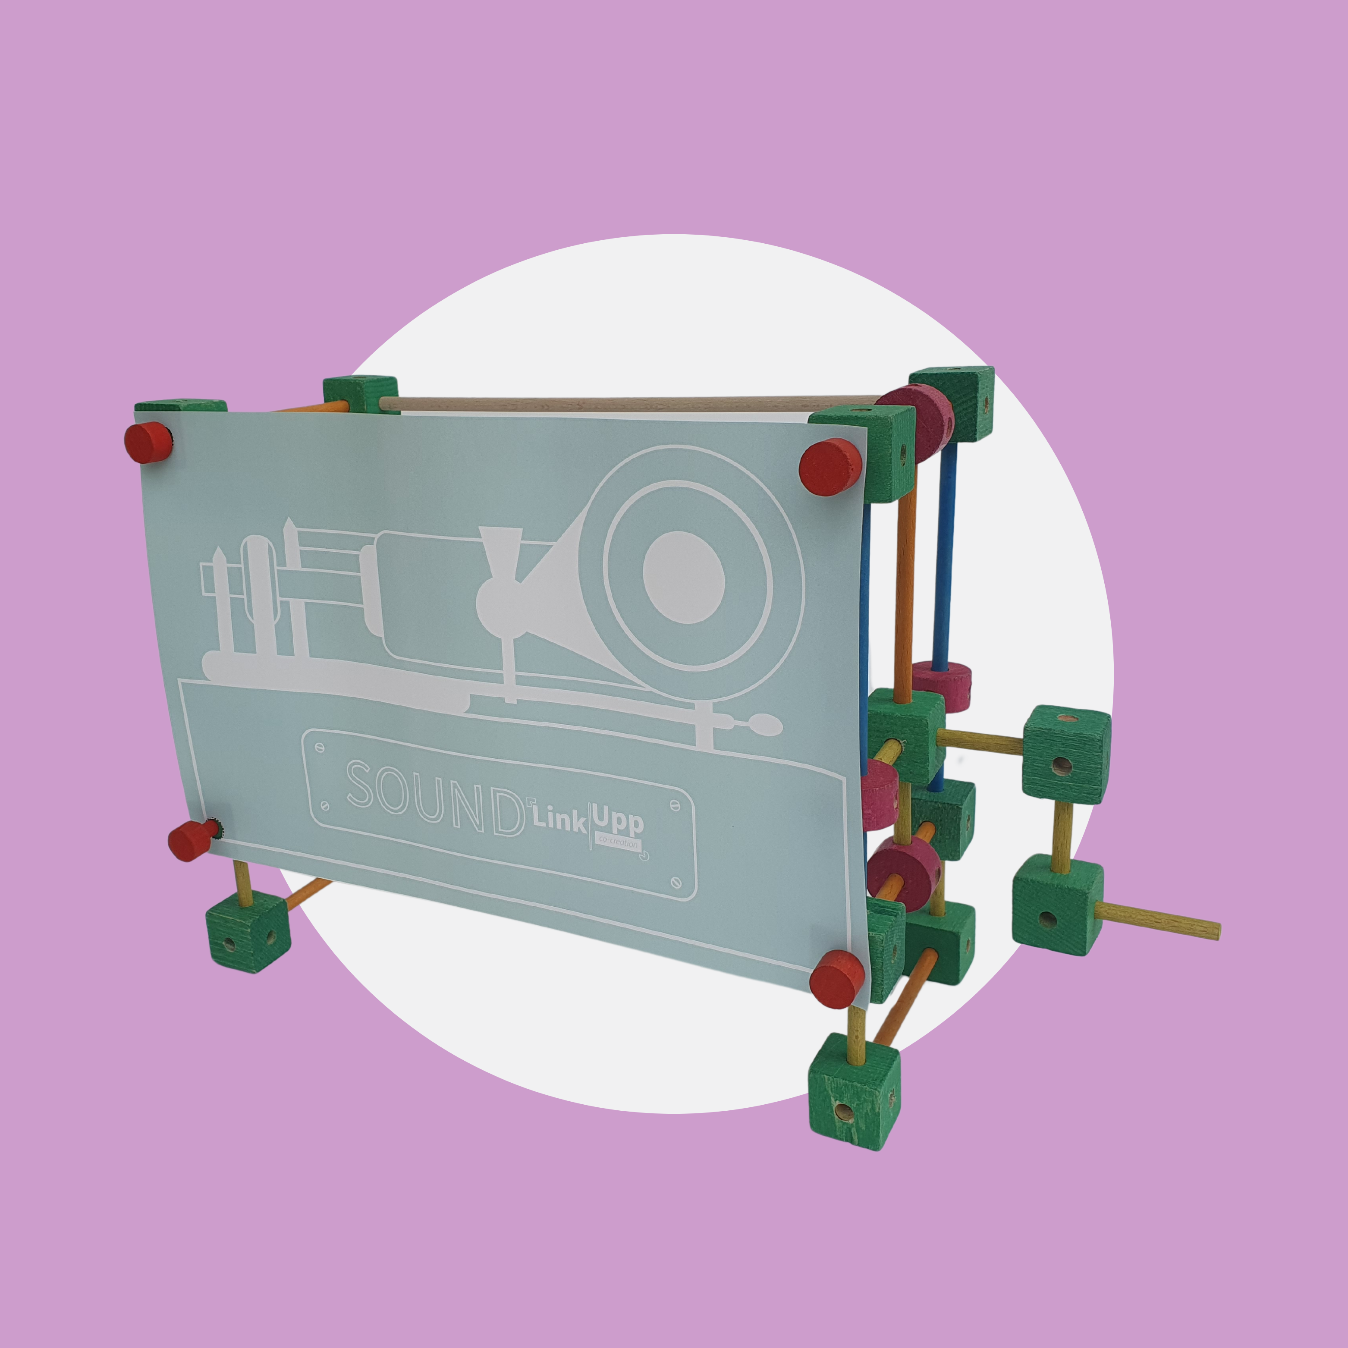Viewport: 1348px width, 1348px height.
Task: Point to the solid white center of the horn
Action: (x=684, y=576)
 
